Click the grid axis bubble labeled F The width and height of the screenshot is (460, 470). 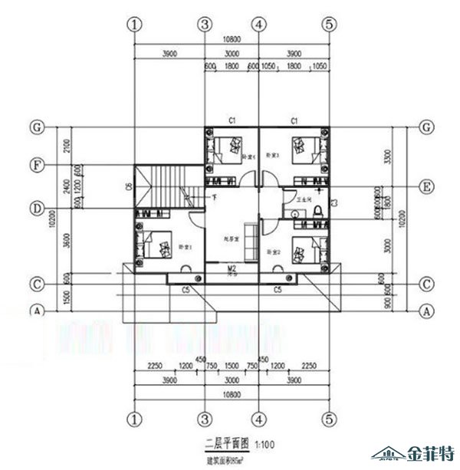pos(35,164)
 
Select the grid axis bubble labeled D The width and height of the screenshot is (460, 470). pos(35,207)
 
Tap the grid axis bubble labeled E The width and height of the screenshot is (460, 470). pos(427,186)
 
